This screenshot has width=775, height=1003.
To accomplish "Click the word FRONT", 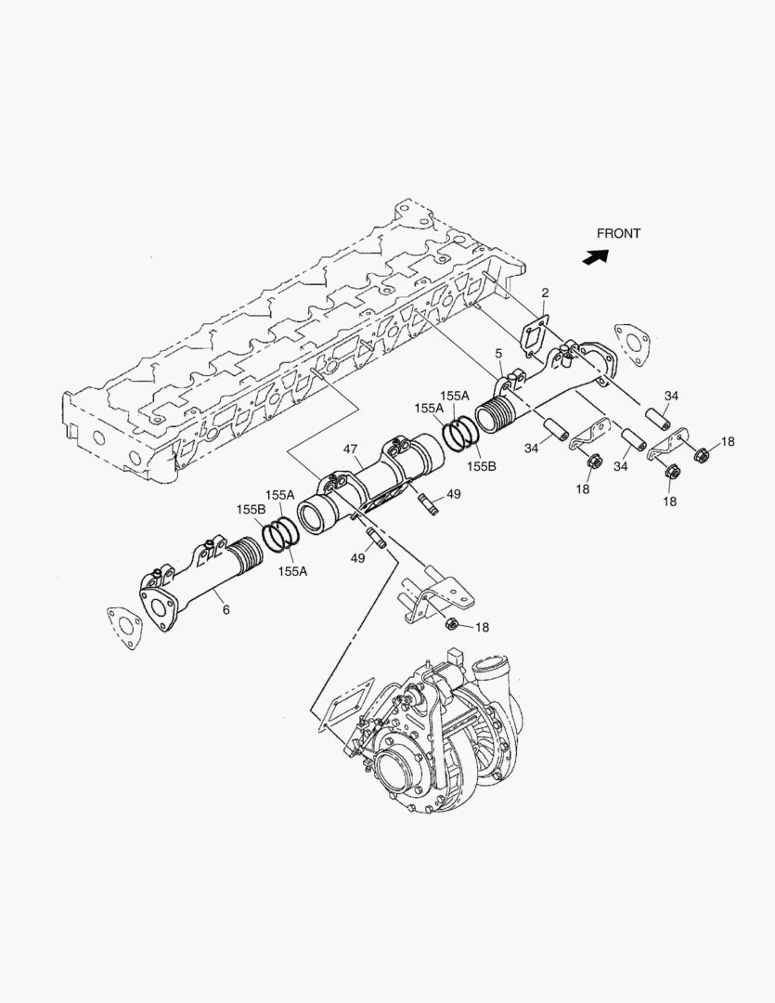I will (x=618, y=234).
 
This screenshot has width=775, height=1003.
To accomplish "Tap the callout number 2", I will (x=546, y=294).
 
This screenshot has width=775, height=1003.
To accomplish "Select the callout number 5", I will (x=498, y=354).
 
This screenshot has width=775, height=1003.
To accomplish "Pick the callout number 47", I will (x=351, y=449).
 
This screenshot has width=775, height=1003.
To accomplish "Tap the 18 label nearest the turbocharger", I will (x=482, y=628).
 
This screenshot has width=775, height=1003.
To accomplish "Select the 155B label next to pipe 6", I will (x=250, y=510).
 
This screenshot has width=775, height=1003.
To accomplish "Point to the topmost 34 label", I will (x=671, y=397).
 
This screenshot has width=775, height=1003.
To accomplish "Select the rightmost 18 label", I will (x=727, y=442).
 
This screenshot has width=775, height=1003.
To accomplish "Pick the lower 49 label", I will (x=356, y=557).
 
